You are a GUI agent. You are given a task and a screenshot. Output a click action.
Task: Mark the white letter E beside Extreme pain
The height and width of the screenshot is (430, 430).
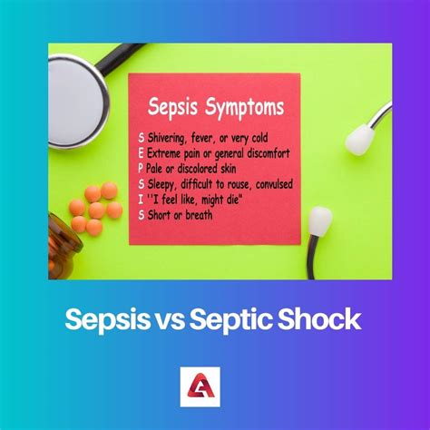point(139,153)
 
